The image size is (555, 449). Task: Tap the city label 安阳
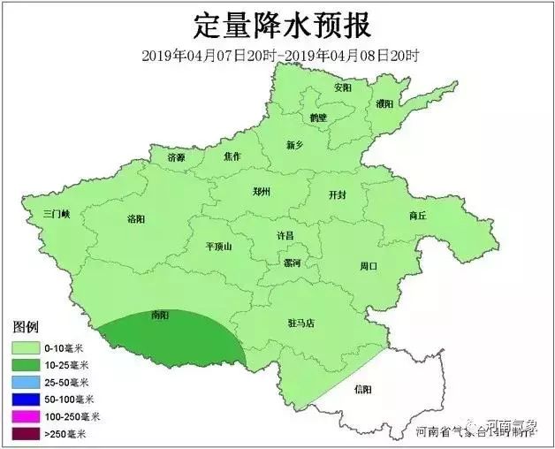[x=343, y=88]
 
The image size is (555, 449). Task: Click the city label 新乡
[x=295, y=145]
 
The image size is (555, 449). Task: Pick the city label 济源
[x=177, y=157]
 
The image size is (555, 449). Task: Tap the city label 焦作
[x=232, y=156]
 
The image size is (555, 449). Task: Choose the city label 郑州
[x=261, y=190]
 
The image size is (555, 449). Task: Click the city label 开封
[x=338, y=194]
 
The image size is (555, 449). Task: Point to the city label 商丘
[x=417, y=215]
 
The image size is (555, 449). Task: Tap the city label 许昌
[x=285, y=236]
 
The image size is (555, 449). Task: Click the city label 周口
[x=369, y=265]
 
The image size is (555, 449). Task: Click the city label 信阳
[x=362, y=389]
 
